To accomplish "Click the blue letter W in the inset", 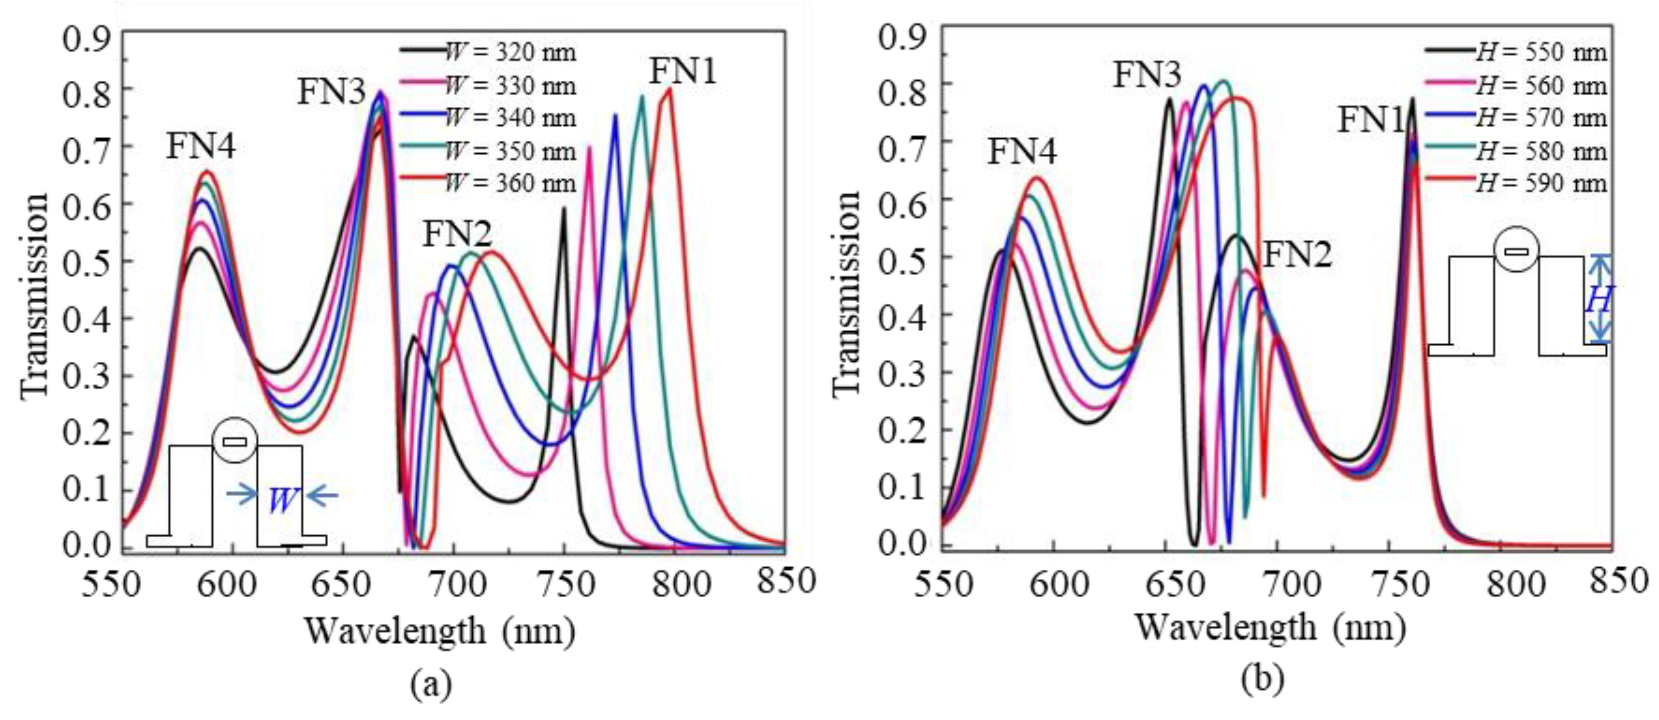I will tap(282, 500).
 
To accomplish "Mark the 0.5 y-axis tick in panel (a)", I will tap(87, 261).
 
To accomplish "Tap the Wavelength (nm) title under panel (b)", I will tap(1269, 628).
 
